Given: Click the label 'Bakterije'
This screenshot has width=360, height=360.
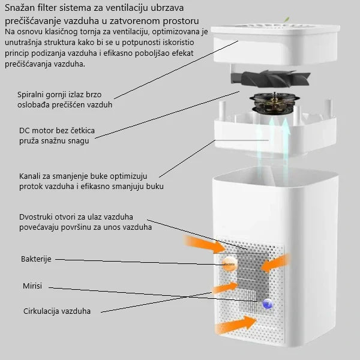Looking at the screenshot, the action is tap(36, 259).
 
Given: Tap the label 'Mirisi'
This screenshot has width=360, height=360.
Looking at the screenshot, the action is tap(32, 286).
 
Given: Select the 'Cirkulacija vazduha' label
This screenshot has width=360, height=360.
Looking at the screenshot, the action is tap(57, 311).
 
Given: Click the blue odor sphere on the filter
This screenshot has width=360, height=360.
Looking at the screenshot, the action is tap(268, 304).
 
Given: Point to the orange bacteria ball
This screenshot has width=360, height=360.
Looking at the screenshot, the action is tap(229, 264).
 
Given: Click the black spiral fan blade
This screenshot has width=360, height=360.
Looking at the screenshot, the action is tap(271, 79).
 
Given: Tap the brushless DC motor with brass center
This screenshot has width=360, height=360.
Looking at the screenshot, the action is tap(275, 104).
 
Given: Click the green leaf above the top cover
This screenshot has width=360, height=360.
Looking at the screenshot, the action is tap(287, 20).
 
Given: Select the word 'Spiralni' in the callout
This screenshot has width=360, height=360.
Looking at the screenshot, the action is tap(31, 95).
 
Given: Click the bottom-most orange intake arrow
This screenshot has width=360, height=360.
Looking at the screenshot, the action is tap(236, 324).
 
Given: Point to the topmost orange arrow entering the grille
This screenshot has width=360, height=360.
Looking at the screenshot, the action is tap(205, 244).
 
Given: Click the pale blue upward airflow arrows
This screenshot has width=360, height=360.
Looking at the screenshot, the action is tap(274, 147).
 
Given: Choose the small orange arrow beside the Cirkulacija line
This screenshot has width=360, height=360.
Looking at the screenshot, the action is tap(225, 287).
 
